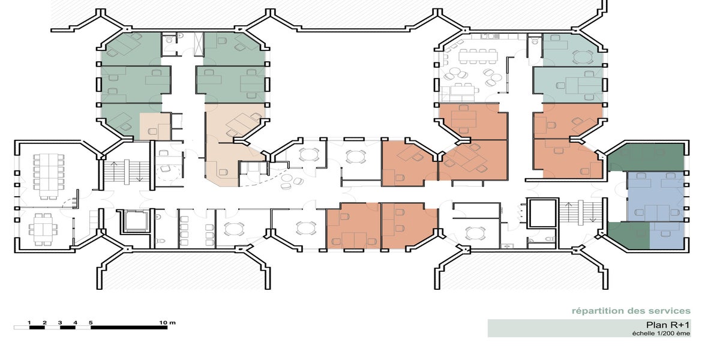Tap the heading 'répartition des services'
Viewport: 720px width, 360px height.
tap(631, 311)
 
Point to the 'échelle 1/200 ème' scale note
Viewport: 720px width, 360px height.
tap(661, 334)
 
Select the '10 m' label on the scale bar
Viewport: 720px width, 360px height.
tap(167, 322)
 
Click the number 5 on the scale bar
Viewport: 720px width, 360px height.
tap(91, 323)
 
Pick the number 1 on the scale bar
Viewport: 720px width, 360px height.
tap(29, 323)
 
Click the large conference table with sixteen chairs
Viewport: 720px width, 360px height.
tap(49, 176)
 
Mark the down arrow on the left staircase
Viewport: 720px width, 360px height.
tap(140, 172)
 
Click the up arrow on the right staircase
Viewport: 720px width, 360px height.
tap(568, 212)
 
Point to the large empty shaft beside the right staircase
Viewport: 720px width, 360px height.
tap(542, 213)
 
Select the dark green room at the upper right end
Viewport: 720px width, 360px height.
tap(646, 157)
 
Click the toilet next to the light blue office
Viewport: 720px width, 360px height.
tap(535, 41)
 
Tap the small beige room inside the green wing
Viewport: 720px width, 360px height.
tap(155, 127)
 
